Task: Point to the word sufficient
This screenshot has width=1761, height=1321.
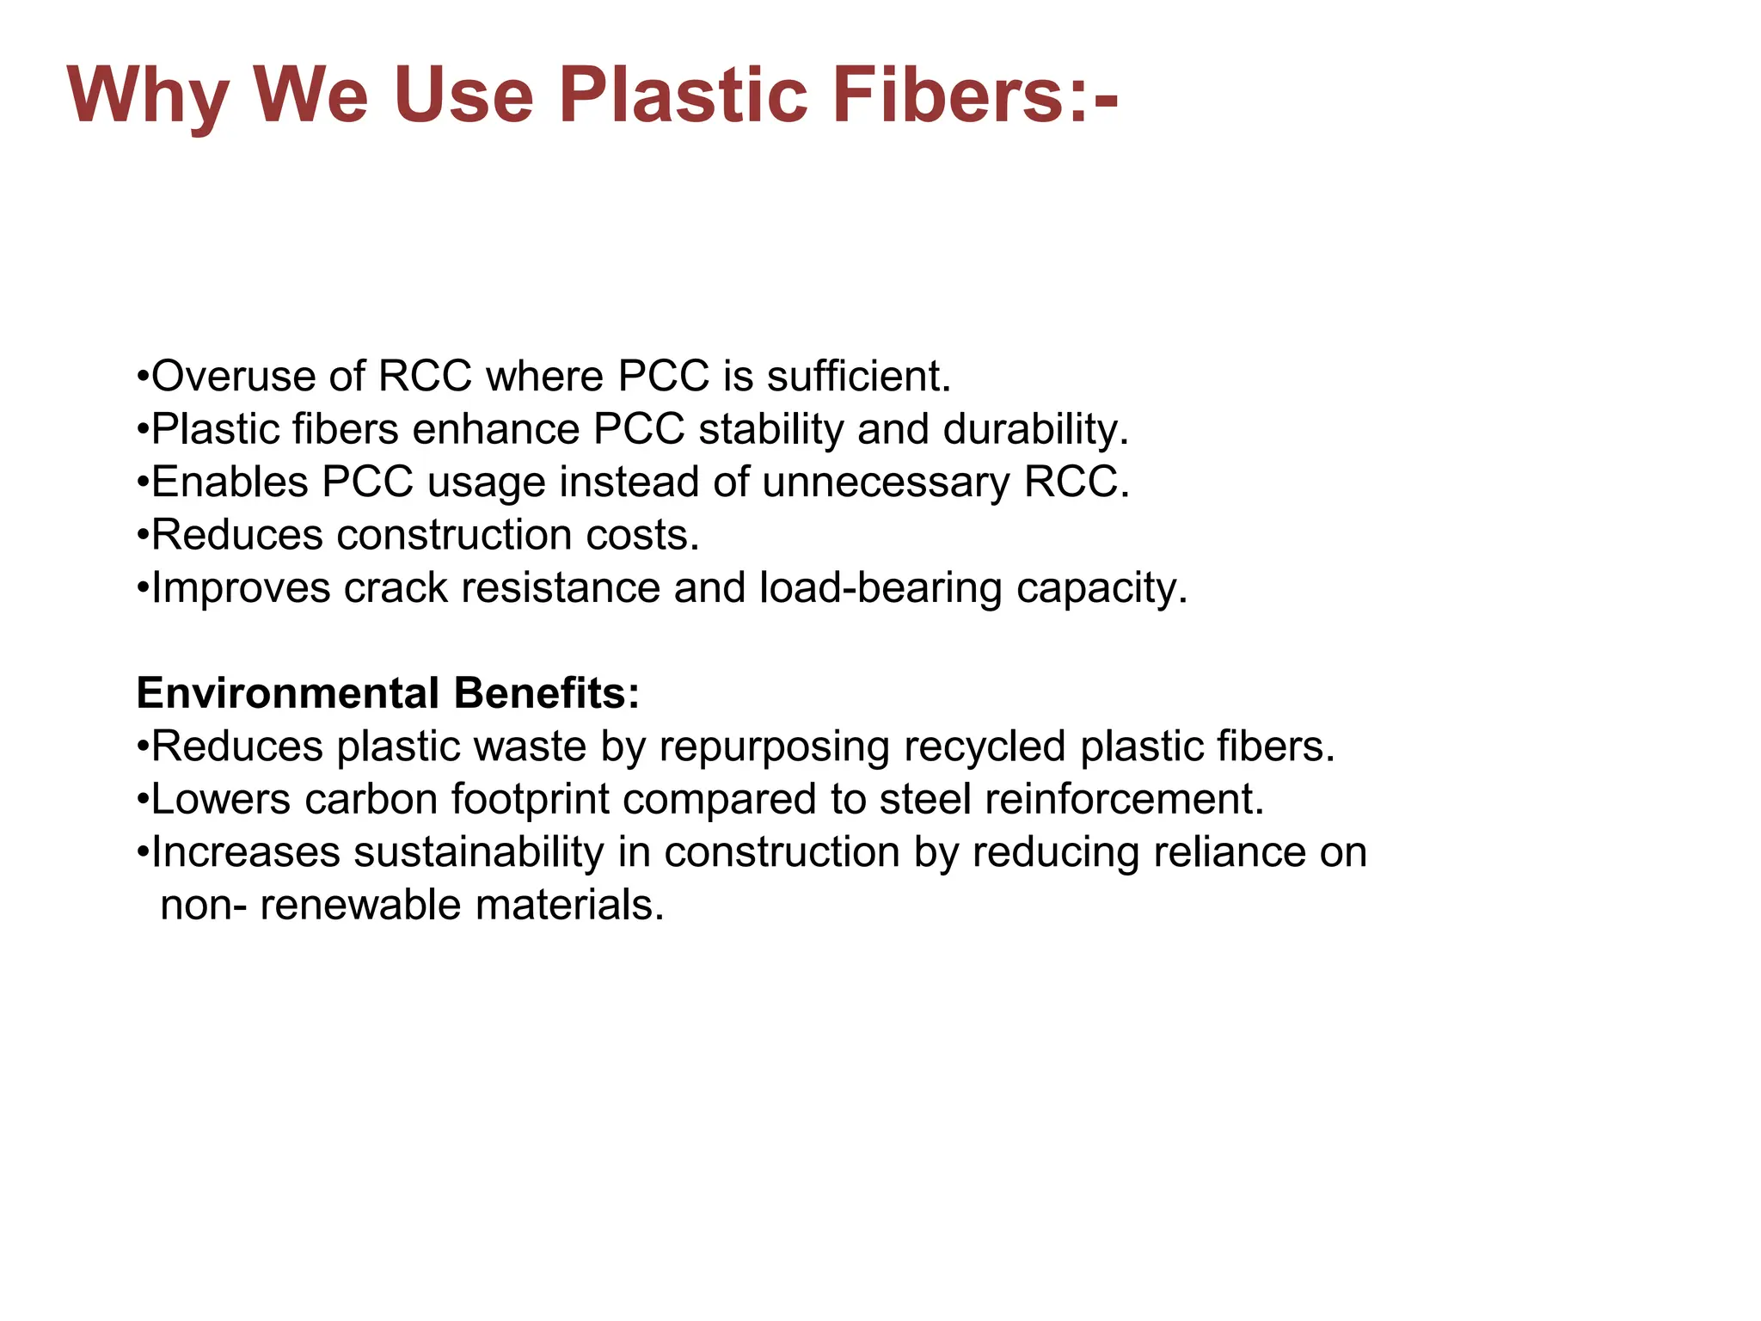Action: tap(859, 377)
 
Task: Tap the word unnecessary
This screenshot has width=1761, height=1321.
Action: tap(886, 482)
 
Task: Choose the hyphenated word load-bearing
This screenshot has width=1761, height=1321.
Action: tap(880, 588)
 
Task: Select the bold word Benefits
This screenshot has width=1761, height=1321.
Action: tap(547, 693)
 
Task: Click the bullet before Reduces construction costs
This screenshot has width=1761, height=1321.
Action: tap(143, 536)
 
